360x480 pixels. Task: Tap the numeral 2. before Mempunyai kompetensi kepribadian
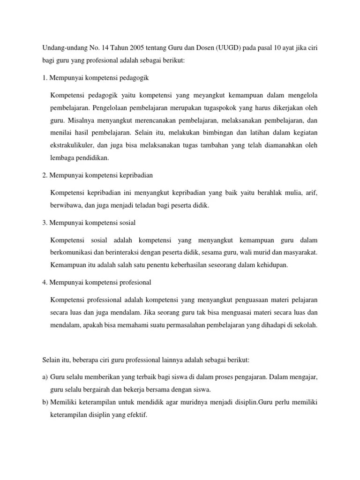pyautogui.click(x=45, y=175)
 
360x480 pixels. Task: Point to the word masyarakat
pyautogui.click(x=298, y=253)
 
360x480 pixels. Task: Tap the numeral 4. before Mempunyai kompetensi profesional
pyautogui.click(x=45, y=283)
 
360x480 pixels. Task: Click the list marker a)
pyautogui.click(x=45, y=377)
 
